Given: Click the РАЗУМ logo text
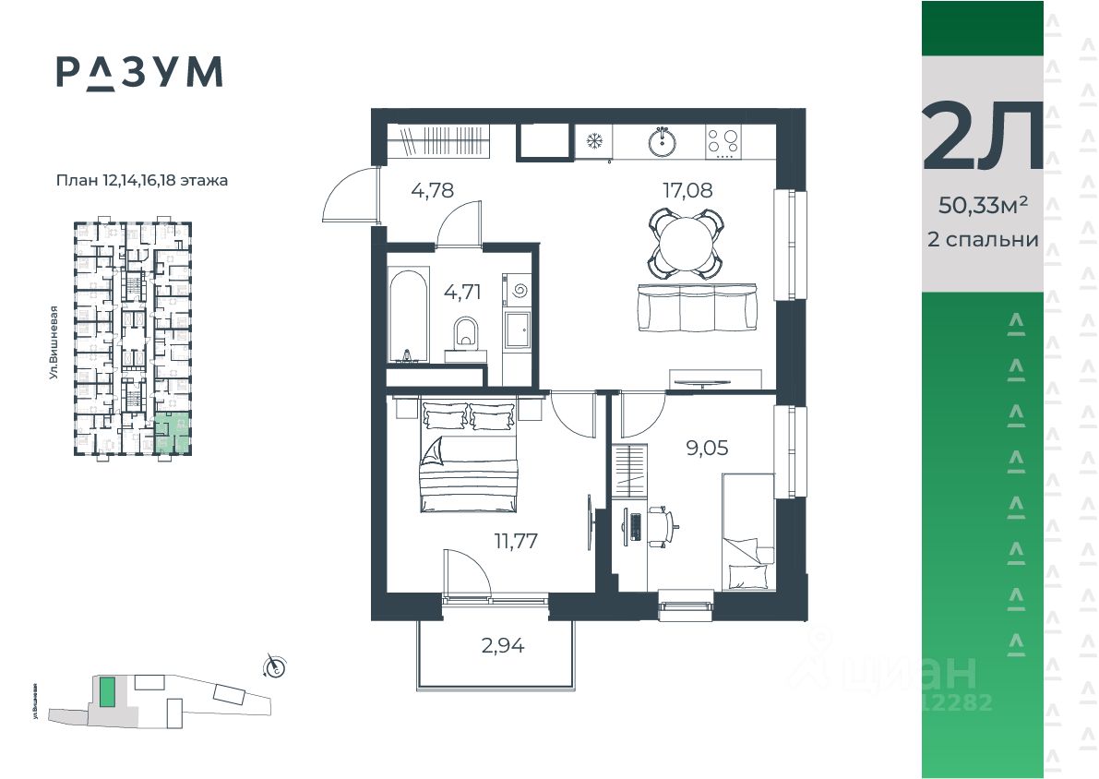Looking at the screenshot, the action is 138,72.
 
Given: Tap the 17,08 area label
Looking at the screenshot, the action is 687,191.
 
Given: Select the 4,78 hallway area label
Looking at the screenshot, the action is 433,191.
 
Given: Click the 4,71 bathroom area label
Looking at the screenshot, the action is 462,293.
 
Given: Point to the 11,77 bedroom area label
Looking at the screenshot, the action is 516,540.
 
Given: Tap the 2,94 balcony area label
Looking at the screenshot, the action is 503,645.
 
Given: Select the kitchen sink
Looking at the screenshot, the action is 662,141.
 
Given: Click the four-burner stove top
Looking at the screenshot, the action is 723,141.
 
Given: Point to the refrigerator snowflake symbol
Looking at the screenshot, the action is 594,141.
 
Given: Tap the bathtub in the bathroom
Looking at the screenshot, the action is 407,315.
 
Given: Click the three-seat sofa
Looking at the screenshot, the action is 698,307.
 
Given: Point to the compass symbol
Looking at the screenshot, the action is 274,665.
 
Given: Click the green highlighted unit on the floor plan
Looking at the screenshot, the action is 173,433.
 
